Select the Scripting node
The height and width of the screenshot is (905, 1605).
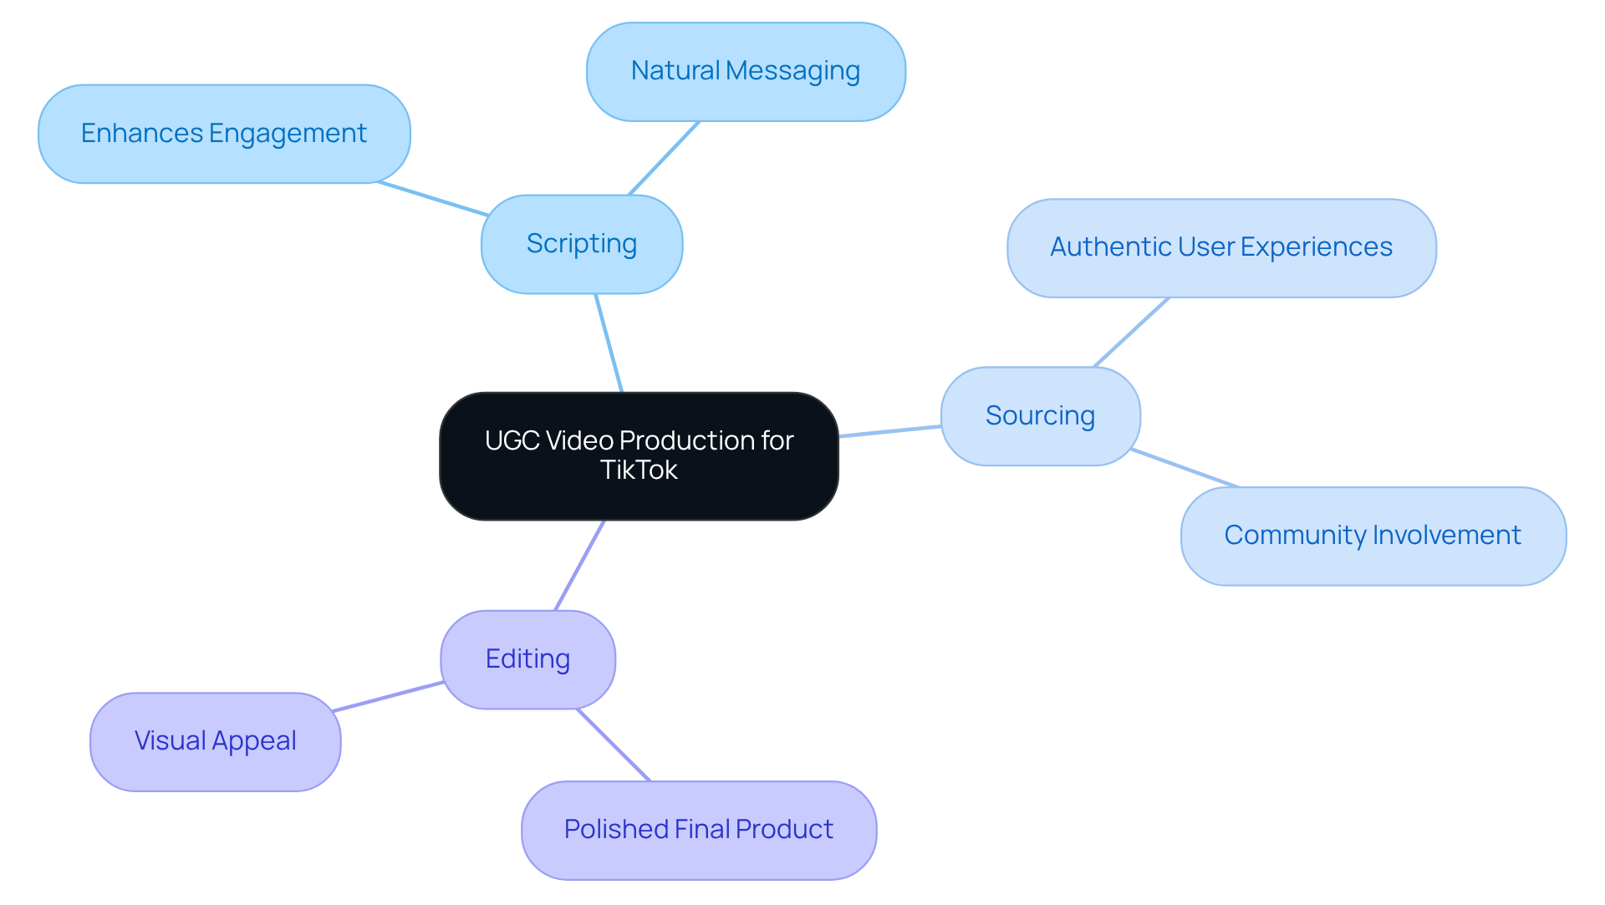pyautogui.click(x=582, y=244)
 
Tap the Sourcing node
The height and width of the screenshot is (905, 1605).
pyautogui.click(x=1040, y=416)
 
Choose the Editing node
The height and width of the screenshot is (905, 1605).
pyautogui.click(x=527, y=659)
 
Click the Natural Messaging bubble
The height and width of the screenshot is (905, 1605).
pyautogui.click(x=746, y=72)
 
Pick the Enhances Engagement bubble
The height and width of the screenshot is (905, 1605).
pyautogui.click(x=224, y=134)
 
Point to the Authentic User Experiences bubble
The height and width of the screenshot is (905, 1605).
pyautogui.click(x=1221, y=248)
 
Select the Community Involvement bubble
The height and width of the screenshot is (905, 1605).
pyautogui.click(x=1373, y=536)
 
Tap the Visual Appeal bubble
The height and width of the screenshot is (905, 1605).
pyautogui.click(x=216, y=741)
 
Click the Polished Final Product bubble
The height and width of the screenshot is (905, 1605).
pyautogui.click(x=699, y=830)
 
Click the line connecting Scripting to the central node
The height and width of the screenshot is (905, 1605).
pyautogui.click(x=609, y=343)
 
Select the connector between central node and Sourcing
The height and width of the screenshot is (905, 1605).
pyautogui.click(x=889, y=431)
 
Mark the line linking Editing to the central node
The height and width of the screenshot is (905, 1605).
pyautogui.click(x=579, y=565)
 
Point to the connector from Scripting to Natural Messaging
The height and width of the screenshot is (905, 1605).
pyautogui.click(x=664, y=158)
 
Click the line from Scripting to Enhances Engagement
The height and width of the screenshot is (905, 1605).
pyautogui.click(x=433, y=199)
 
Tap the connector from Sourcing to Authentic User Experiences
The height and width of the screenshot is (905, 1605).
pyautogui.click(x=1131, y=333)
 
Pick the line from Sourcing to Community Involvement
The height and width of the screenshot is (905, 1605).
pyautogui.click(x=1185, y=468)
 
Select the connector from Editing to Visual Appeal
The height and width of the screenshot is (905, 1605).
pyautogui.click(x=388, y=697)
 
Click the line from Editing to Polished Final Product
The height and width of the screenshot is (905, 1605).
pyautogui.click(x=613, y=745)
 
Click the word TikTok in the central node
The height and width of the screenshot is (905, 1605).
pyautogui.click(x=639, y=470)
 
